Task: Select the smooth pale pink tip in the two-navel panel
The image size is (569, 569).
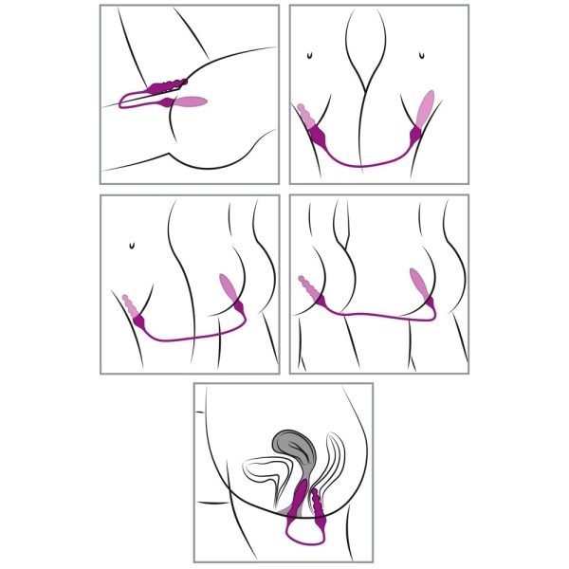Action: [x=428, y=105]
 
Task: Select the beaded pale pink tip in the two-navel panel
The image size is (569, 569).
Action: [x=308, y=119]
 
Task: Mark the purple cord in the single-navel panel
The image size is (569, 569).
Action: [x=190, y=336]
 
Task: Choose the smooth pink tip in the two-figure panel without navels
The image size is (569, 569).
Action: [x=417, y=284]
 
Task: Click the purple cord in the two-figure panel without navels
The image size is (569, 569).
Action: [x=379, y=312]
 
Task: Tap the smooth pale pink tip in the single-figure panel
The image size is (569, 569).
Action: [x=190, y=101]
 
